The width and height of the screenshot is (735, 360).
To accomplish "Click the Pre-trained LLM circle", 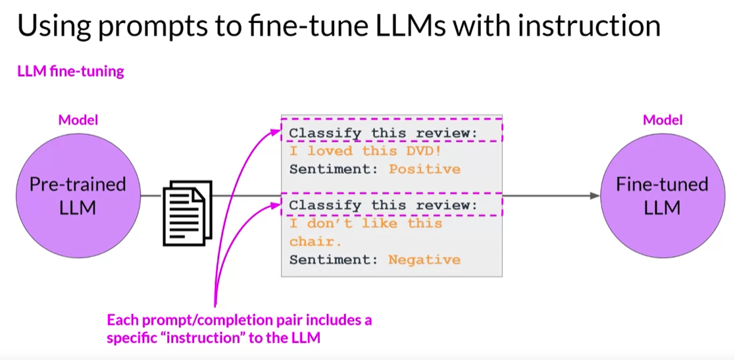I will tap(78, 195).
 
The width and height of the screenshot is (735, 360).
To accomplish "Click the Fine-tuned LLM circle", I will tap(662, 195).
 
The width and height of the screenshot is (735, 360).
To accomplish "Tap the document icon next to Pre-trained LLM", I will tap(188, 212).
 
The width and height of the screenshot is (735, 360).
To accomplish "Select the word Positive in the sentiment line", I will tap(424, 169).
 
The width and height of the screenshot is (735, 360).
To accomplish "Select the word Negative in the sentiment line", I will tap(424, 259).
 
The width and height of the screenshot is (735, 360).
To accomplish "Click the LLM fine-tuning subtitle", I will tap(70, 71).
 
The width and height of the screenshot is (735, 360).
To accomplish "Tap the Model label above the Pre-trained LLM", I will tap(78, 120).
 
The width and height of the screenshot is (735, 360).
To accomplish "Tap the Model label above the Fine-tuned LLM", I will tap(663, 120).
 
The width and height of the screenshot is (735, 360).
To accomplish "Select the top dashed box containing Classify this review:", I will tap(392, 132).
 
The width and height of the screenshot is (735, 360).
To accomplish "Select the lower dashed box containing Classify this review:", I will tap(392, 205).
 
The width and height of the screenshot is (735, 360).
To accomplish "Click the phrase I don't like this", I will tap(366, 224).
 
